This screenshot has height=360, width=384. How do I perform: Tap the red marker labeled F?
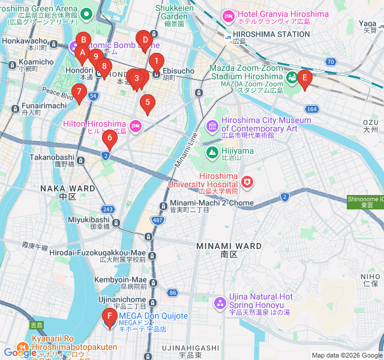coord(109,317)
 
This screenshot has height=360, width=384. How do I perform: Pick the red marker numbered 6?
coord(109,139)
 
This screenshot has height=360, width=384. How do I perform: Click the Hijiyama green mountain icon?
coord(212,152)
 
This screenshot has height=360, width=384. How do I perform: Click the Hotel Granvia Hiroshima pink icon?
coord(228,14)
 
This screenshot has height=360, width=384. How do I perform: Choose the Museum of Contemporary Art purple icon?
coord(212,125)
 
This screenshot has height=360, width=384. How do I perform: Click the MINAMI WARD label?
coord(229,247)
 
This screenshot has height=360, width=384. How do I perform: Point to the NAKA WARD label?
coord(68,188)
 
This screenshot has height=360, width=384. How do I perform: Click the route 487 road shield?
coord(158,221)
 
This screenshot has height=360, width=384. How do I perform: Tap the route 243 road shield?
coord(107,209)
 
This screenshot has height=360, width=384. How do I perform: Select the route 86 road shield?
coord(173,293)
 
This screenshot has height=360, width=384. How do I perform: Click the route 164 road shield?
coord(311,109)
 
